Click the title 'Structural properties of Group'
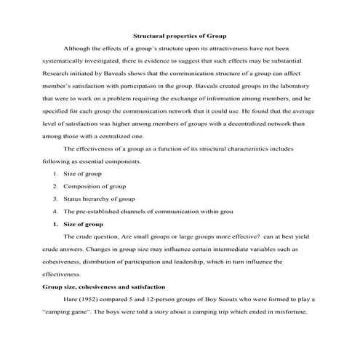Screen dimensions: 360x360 click(x=179, y=35)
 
